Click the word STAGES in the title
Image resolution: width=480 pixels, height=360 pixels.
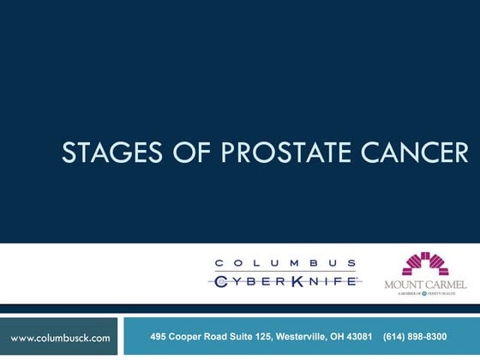click(x=104, y=153)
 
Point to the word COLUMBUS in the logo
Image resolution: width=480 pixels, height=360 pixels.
click(x=285, y=263)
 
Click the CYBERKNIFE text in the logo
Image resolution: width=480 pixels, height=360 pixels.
click(x=285, y=280)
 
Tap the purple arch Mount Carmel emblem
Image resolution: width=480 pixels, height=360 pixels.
click(x=425, y=264)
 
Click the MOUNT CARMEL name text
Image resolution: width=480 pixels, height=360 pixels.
click(x=426, y=284)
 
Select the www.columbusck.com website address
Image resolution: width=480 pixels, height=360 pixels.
click(x=60, y=338)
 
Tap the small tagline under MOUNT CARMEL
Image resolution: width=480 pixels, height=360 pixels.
click(x=426, y=293)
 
